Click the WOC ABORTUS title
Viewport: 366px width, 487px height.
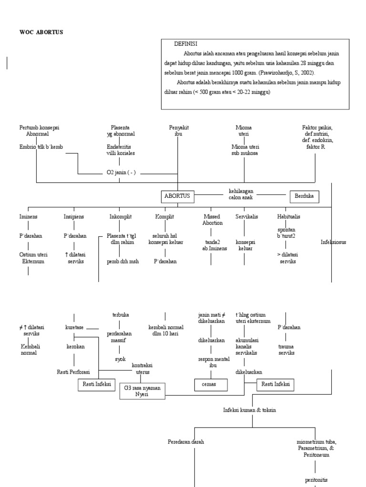point(41,32)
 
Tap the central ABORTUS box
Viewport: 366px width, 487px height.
point(177,195)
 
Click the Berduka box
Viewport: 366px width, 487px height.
point(305,195)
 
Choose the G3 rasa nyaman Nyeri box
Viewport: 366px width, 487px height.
point(142,391)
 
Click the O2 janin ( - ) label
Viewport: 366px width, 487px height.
point(121,173)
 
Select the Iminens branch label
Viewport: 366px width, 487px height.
point(28,216)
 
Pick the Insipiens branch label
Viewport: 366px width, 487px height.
point(74,216)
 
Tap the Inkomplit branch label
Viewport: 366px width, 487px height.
point(120,216)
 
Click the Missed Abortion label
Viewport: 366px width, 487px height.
point(213,219)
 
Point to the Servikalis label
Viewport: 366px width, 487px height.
point(246,216)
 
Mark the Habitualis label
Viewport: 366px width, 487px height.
point(288,216)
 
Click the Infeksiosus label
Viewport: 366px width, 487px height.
point(333,242)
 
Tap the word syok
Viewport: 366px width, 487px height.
point(120,359)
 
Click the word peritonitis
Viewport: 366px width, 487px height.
point(316,480)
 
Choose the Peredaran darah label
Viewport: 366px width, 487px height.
point(186,442)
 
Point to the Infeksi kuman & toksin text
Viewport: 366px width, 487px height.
point(249,409)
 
